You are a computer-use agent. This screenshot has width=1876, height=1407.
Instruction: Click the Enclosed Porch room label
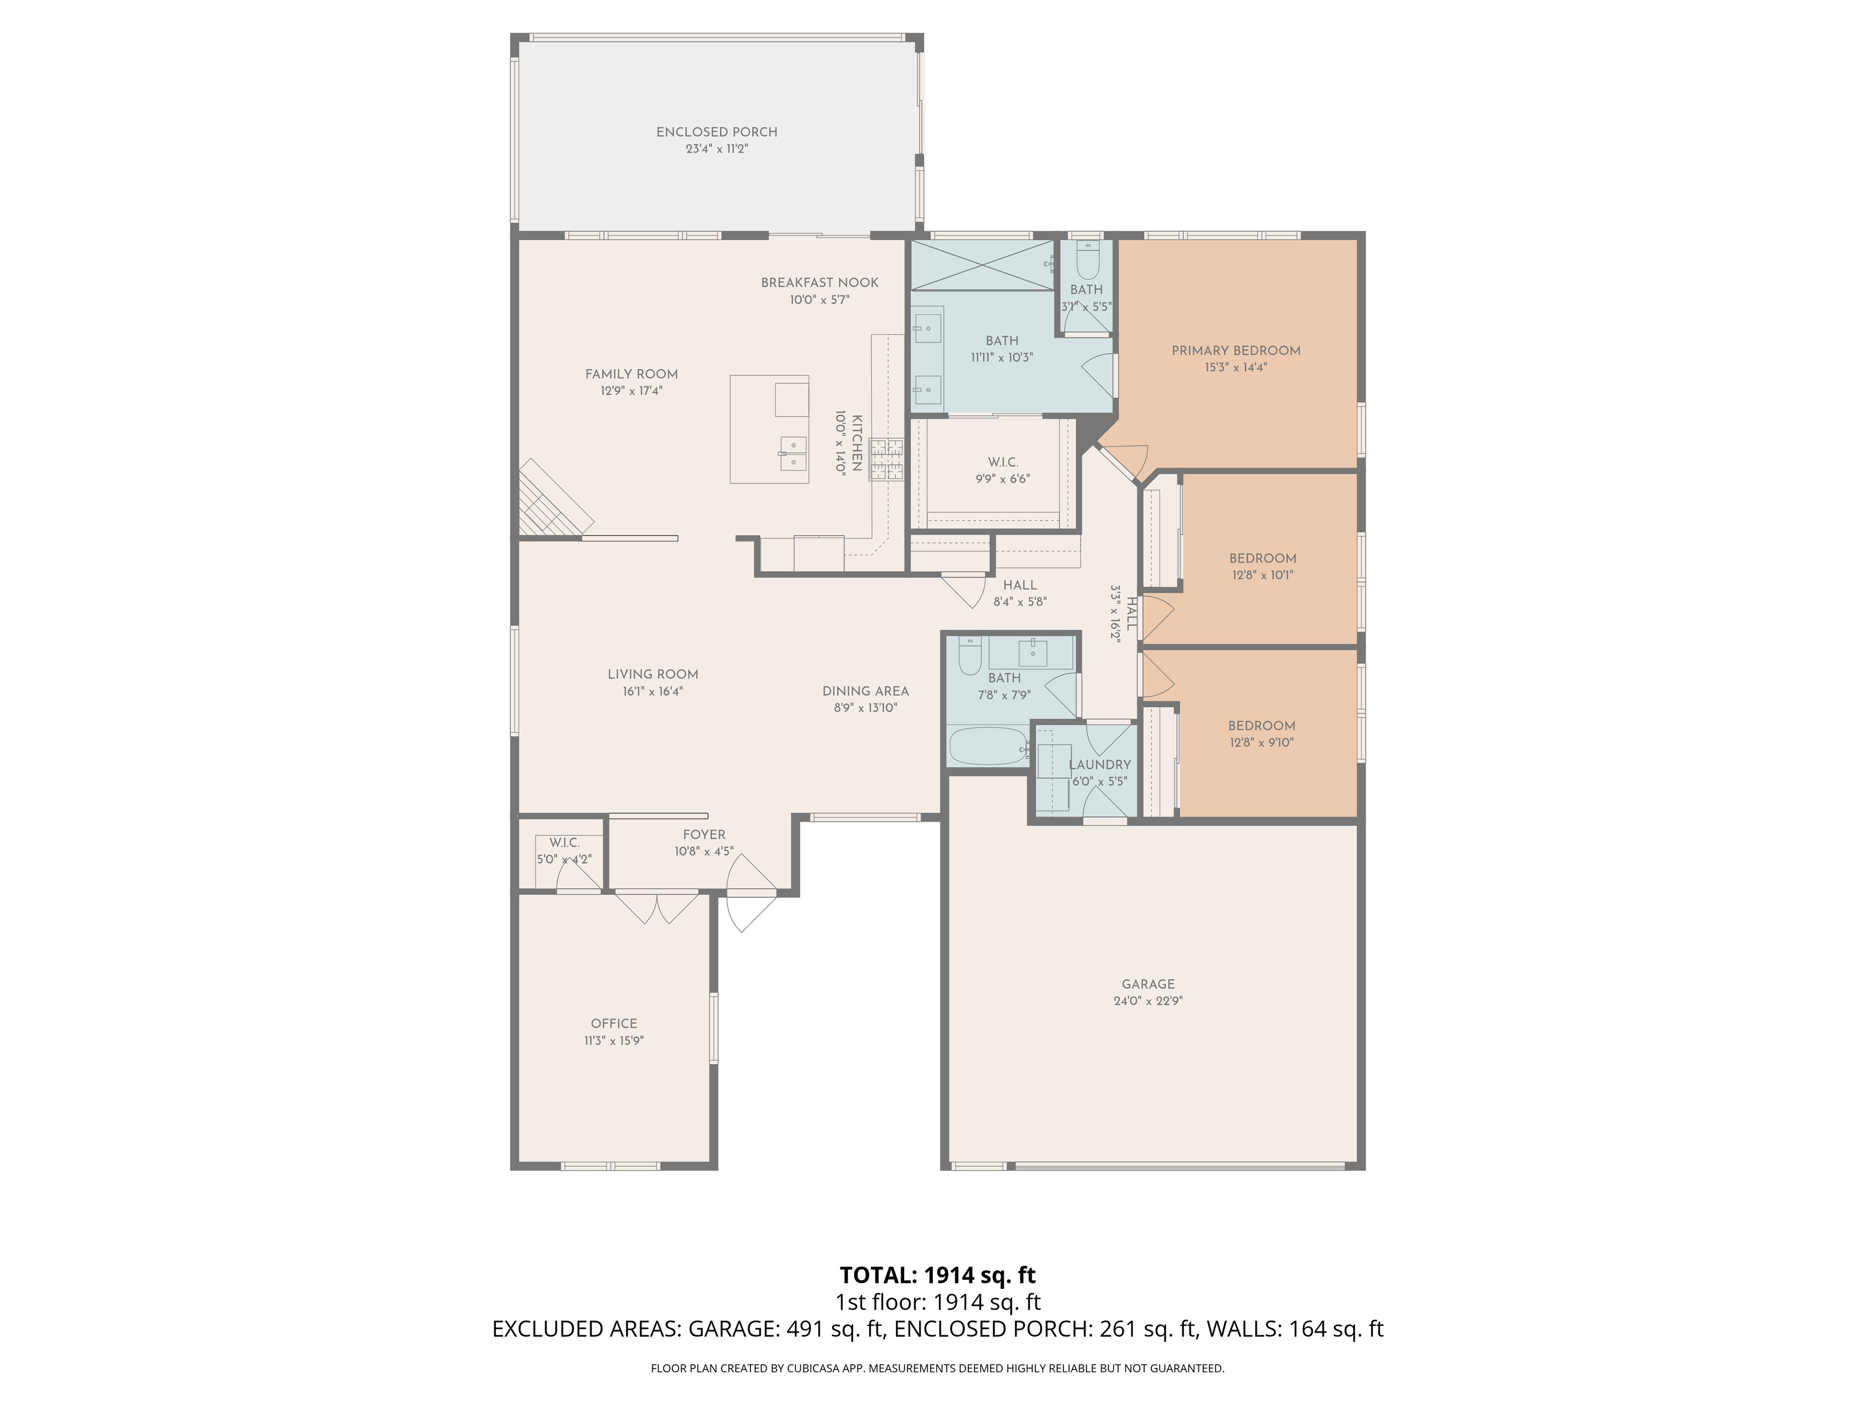point(717,132)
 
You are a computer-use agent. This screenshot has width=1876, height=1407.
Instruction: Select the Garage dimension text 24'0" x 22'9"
point(1149,1001)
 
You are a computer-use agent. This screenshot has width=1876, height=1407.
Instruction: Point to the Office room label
point(614,1023)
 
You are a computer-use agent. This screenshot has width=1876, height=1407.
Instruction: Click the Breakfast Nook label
point(819,282)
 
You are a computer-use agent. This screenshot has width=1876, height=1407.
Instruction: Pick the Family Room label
point(632,374)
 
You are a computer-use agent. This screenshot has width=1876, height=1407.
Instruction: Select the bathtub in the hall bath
point(988,746)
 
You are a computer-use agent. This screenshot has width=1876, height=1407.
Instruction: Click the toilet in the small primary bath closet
point(1087,261)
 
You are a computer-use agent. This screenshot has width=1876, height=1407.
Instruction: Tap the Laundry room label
point(1100,765)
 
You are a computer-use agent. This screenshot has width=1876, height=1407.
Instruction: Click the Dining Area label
point(865,691)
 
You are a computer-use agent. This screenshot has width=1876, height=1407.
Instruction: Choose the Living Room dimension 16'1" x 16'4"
point(653,691)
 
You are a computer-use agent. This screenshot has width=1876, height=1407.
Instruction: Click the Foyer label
point(704,834)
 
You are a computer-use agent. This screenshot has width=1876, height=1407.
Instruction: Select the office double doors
point(658,908)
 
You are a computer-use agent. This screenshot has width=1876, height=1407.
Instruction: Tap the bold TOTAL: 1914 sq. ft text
point(938,1276)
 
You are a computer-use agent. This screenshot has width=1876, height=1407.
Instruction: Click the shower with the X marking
point(982,265)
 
